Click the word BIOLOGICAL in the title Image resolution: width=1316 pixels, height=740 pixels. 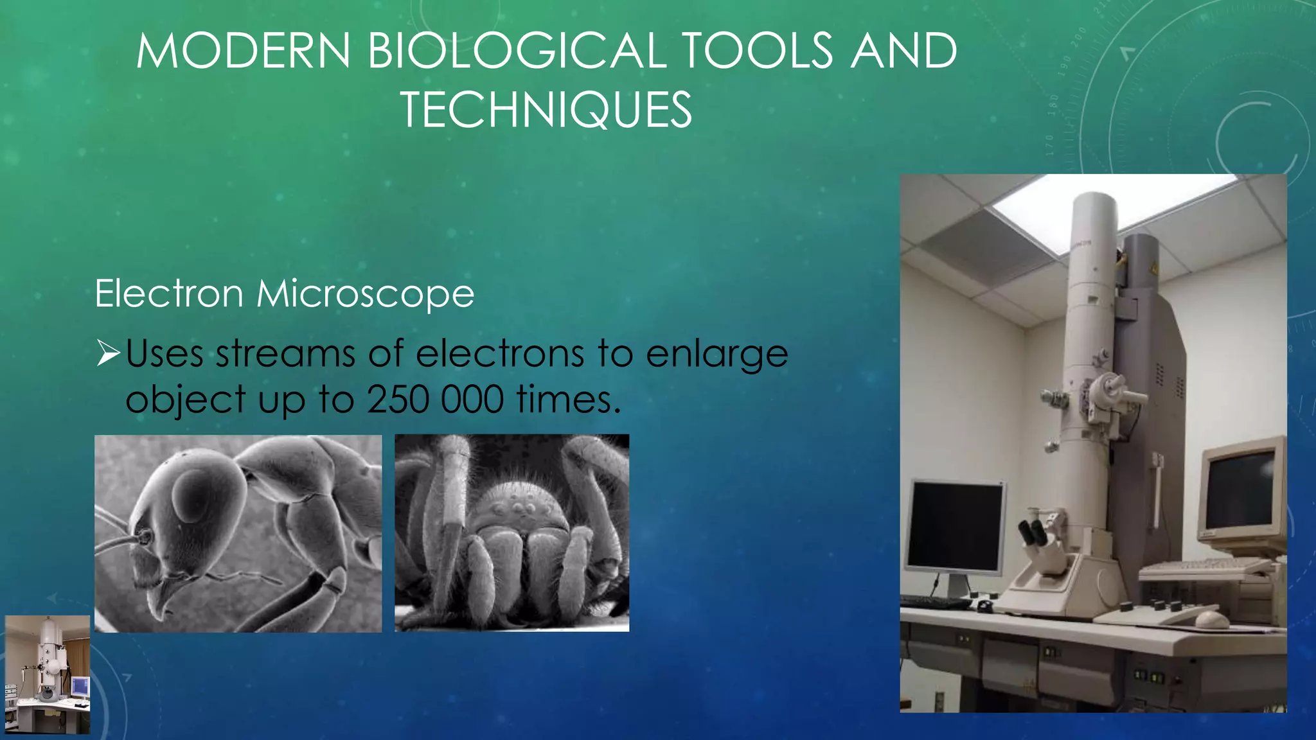[x=517, y=51]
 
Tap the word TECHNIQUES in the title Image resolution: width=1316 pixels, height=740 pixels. [x=546, y=110]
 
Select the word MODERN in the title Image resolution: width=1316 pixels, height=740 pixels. [x=243, y=51]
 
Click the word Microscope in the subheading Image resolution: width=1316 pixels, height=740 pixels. [x=365, y=294]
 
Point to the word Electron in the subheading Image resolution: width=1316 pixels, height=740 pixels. [x=168, y=294]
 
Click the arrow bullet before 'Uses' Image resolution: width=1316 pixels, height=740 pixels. [x=108, y=354]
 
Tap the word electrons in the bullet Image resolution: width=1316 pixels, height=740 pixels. [x=500, y=354]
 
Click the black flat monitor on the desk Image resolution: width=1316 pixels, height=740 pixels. [x=955, y=527]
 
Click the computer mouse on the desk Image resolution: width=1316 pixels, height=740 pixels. [x=1211, y=620]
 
